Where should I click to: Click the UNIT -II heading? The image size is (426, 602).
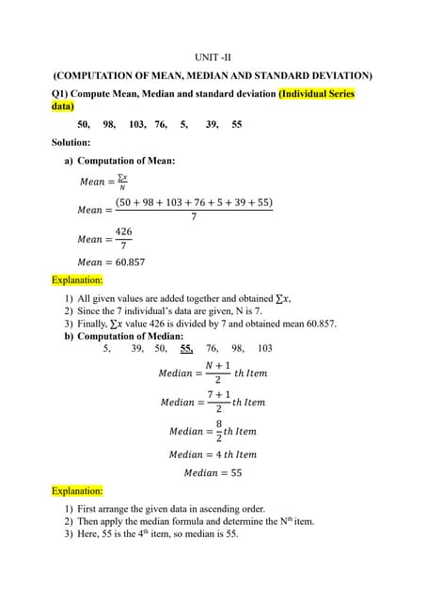(x=212, y=58)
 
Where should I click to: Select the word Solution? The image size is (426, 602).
(x=71, y=142)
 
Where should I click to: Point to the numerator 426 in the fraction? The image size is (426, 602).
(x=123, y=231)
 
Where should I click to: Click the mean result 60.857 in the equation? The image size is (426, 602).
(x=128, y=262)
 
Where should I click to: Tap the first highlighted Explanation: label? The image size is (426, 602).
(x=77, y=279)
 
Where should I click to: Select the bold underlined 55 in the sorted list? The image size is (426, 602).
(x=187, y=348)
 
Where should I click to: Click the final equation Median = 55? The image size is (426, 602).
(x=213, y=473)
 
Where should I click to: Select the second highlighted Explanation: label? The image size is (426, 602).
(x=77, y=491)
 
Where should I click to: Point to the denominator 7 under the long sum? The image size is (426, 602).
(x=194, y=217)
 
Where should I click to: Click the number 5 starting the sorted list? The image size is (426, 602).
(x=106, y=348)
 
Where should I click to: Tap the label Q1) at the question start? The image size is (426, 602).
(x=62, y=94)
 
